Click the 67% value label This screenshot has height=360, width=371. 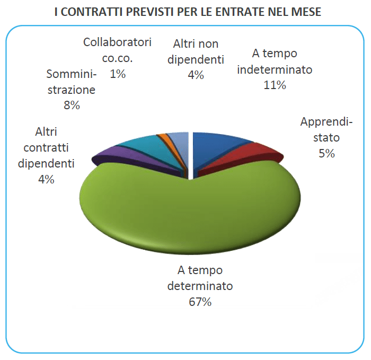(x=200, y=302)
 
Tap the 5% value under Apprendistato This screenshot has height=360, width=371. (x=326, y=154)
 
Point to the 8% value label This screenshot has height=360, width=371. (x=70, y=105)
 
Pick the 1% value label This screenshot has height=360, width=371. (x=118, y=74)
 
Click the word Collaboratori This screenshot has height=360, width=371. (x=118, y=42)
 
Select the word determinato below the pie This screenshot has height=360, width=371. (x=200, y=286)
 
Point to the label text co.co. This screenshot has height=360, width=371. (x=118, y=58)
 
